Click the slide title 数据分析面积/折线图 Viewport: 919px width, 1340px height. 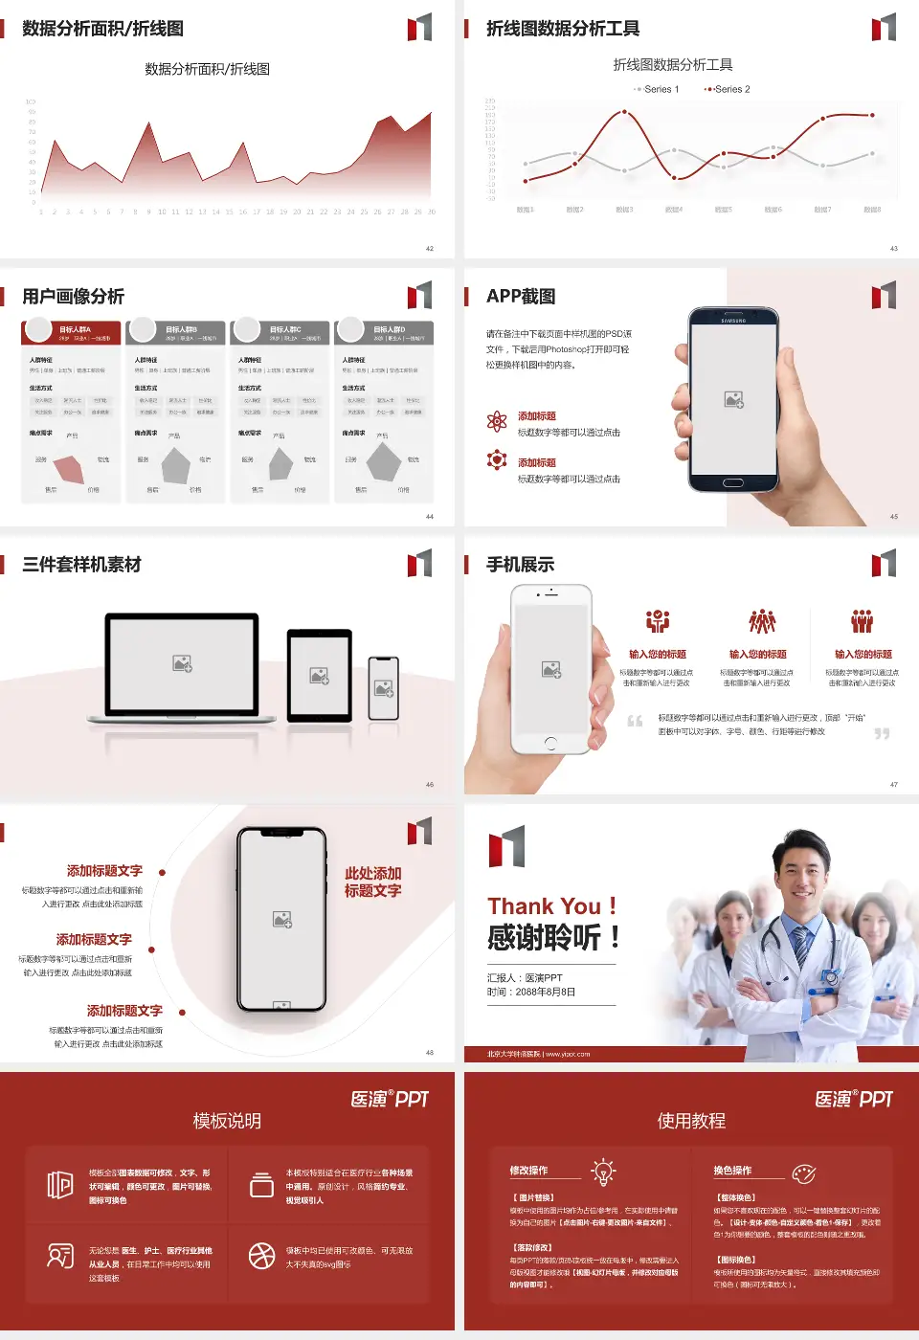[x=102, y=29]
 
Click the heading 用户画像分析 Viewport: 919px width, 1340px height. [x=73, y=297]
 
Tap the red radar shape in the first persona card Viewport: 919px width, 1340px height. [x=70, y=468]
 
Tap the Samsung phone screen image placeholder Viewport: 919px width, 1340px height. [x=734, y=399]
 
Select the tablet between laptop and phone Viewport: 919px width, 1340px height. [x=320, y=675]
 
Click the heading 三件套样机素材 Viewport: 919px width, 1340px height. [x=81, y=565]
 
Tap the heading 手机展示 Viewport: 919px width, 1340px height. [x=520, y=565]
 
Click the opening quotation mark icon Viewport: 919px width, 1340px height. [x=635, y=721]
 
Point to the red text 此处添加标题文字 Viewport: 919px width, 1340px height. [x=372, y=882]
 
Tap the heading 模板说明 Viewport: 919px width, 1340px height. [x=227, y=1121]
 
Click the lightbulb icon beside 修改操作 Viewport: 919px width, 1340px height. [x=603, y=1172]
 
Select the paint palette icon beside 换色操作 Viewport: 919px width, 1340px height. [x=803, y=1172]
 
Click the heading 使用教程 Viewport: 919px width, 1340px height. [x=691, y=1121]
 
